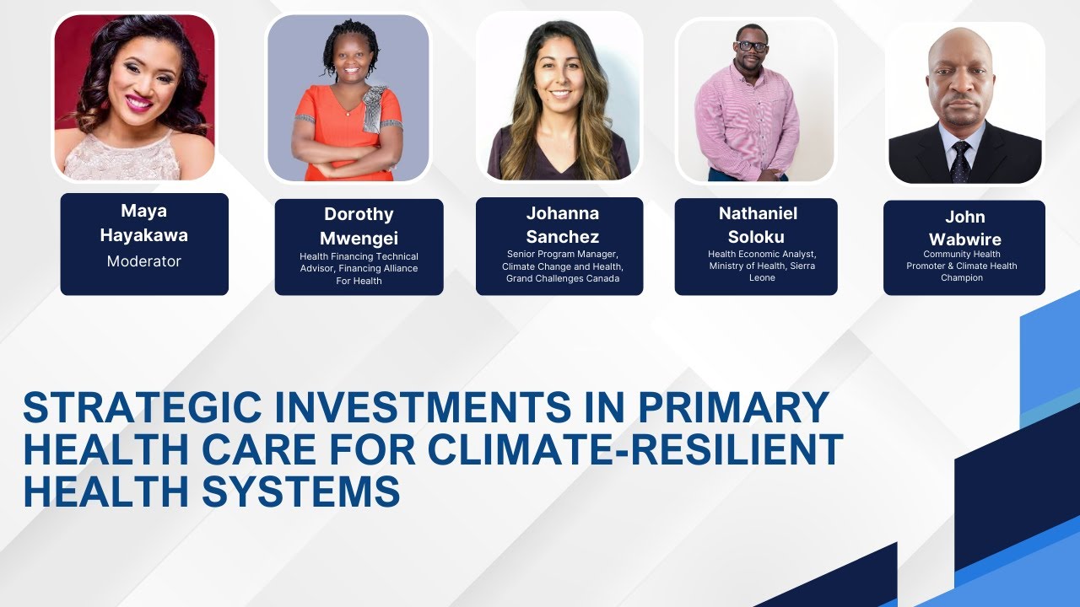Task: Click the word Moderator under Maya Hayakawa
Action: tap(143, 261)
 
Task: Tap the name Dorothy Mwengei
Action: tap(359, 226)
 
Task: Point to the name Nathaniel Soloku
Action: tap(757, 224)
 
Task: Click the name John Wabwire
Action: tap(964, 228)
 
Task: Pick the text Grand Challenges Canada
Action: tap(563, 279)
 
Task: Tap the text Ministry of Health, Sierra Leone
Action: tap(762, 271)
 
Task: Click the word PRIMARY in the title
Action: tap(733, 408)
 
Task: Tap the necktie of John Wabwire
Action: tap(960, 160)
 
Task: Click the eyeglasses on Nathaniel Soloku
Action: tap(751, 46)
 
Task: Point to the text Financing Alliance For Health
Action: tap(359, 275)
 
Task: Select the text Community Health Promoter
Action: tap(962, 260)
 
